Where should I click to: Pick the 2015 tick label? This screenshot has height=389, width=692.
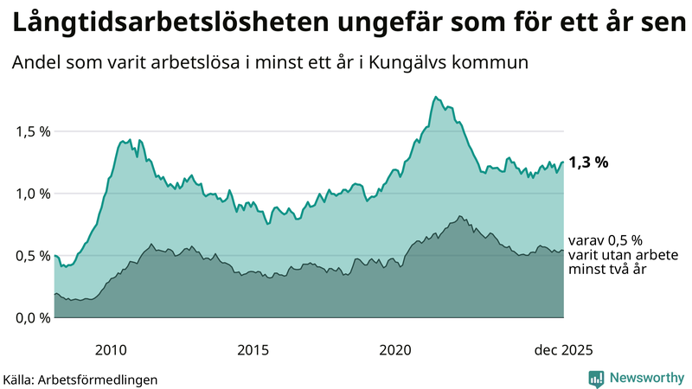(x=253, y=350)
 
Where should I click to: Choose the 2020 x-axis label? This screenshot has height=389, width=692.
(x=395, y=350)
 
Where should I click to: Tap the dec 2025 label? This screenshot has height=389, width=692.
(x=563, y=350)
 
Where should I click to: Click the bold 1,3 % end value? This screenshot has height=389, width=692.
(x=589, y=162)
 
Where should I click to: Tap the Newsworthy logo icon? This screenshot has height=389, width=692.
(x=596, y=378)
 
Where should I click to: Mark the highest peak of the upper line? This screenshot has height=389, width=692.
(x=436, y=97)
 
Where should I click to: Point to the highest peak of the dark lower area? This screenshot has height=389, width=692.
(x=460, y=216)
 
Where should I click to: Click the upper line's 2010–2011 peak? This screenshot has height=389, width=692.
(x=128, y=139)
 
